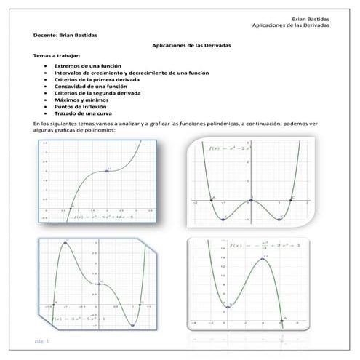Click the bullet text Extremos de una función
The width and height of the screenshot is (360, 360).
[x=91, y=66]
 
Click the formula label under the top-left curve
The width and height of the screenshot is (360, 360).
[x=108, y=217]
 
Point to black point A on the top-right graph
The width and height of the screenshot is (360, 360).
[x=212, y=199]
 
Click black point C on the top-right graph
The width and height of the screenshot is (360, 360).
[x=290, y=199]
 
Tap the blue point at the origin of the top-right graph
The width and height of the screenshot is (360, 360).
[x=251, y=199]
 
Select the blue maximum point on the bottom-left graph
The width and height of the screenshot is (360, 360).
[x=65, y=243]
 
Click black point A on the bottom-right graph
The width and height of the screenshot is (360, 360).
[x=283, y=319]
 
